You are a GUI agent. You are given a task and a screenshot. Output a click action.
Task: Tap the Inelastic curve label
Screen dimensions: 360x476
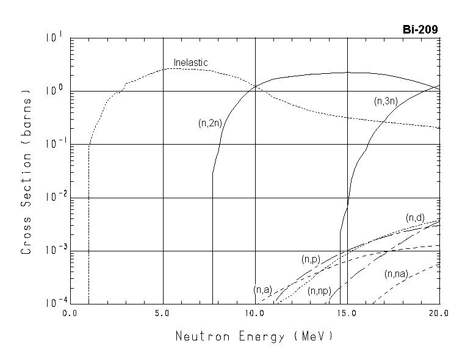click(190, 63)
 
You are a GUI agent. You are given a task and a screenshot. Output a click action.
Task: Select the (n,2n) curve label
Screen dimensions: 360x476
click(210, 123)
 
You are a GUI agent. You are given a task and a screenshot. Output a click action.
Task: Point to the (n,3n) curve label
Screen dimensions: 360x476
click(386, 101)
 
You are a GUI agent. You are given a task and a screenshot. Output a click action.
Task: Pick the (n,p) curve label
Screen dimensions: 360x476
click(311, 259)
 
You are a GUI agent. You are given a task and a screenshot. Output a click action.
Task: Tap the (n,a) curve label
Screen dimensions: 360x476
click(262, 290)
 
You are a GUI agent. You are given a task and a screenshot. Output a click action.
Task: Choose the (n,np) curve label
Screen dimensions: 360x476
click(319, 290)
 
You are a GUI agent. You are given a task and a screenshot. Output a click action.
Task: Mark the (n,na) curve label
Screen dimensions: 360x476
click(396, 274)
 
